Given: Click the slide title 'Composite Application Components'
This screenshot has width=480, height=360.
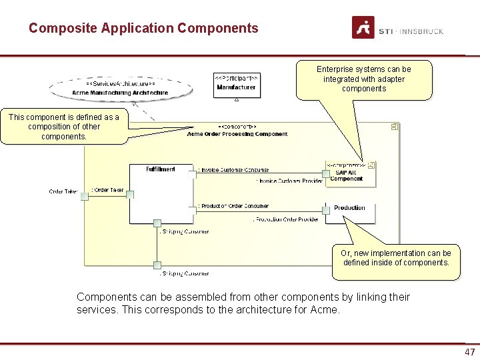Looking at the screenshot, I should coord(143,29).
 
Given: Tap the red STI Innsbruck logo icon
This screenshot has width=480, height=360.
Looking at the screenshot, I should coord(363,28).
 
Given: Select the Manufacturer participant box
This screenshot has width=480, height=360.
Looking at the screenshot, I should coord(236,85).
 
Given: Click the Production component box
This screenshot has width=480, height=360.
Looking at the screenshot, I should coord(350,213).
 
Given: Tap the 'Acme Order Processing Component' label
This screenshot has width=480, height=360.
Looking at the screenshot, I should coord(237,134).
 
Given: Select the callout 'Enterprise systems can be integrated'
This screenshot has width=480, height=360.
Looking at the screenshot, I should coord(364,79).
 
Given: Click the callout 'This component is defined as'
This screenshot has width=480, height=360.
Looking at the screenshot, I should coord(63,127).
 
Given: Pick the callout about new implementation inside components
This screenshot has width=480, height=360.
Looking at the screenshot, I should coord(395,258).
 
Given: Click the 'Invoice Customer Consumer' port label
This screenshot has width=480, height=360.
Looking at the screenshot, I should coord(235,170).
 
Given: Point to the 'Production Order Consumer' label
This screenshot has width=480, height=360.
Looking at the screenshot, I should coord(235,206).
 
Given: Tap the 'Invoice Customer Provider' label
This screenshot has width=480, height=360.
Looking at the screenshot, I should coord(289,181).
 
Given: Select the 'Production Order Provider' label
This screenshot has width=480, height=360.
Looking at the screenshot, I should coord(286,219).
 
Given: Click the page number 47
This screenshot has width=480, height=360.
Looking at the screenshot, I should coord(470,352).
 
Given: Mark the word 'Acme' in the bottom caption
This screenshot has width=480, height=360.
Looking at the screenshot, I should coord(327,310).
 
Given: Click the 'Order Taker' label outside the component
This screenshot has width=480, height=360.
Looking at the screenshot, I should coord(63,192).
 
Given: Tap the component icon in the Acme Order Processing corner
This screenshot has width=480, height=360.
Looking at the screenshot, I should coord(395,126).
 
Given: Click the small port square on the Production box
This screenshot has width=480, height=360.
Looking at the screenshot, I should coord(326,210).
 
